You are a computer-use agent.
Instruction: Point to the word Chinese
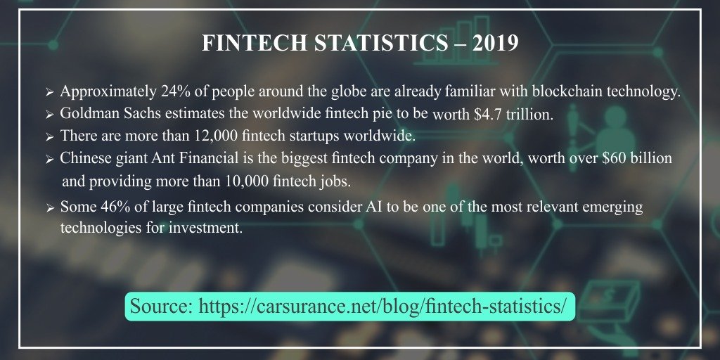pos(86,158)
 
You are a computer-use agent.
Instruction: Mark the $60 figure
pos(608,158)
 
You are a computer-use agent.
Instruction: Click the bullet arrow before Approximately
pos(49,93)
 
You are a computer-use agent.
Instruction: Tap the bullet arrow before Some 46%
pos(49,208)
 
